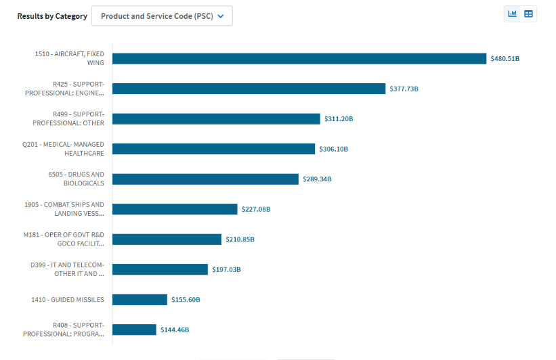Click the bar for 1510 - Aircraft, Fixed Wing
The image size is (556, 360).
(299, 59)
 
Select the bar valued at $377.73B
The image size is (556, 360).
(249, 89)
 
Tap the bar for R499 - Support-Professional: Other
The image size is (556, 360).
(216, 119)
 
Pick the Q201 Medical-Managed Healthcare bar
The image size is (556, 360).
(213, 149)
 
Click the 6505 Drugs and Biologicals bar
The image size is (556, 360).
(205, 179)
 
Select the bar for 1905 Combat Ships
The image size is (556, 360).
(175, 209)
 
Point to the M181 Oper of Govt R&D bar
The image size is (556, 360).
(167, 240)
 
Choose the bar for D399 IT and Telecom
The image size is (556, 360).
(160, 269)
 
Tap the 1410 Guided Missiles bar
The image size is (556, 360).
(140, 300)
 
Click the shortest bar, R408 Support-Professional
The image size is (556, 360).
(134, 330)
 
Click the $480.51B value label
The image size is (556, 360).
(505, 59)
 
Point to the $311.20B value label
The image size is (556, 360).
(339, 119)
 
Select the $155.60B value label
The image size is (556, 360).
(186, 300)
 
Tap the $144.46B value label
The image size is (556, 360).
(175, 330)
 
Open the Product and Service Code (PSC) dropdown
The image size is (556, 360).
(162, 16)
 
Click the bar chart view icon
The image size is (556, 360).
(512, 14)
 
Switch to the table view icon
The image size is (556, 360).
(529, 14)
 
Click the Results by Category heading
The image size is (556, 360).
(52, 16)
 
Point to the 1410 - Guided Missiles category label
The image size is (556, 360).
(68, 300)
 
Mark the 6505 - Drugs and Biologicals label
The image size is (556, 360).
(76, 179)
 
